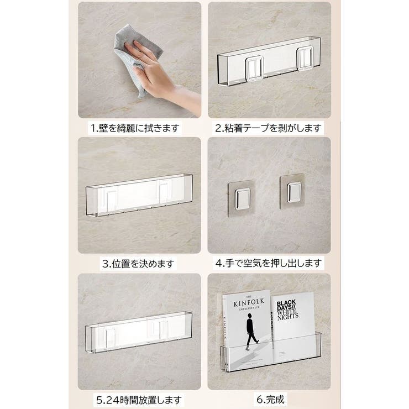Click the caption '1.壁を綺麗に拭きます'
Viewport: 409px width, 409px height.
135,128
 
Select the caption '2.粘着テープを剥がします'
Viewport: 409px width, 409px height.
269,128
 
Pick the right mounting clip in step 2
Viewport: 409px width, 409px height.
305,57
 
